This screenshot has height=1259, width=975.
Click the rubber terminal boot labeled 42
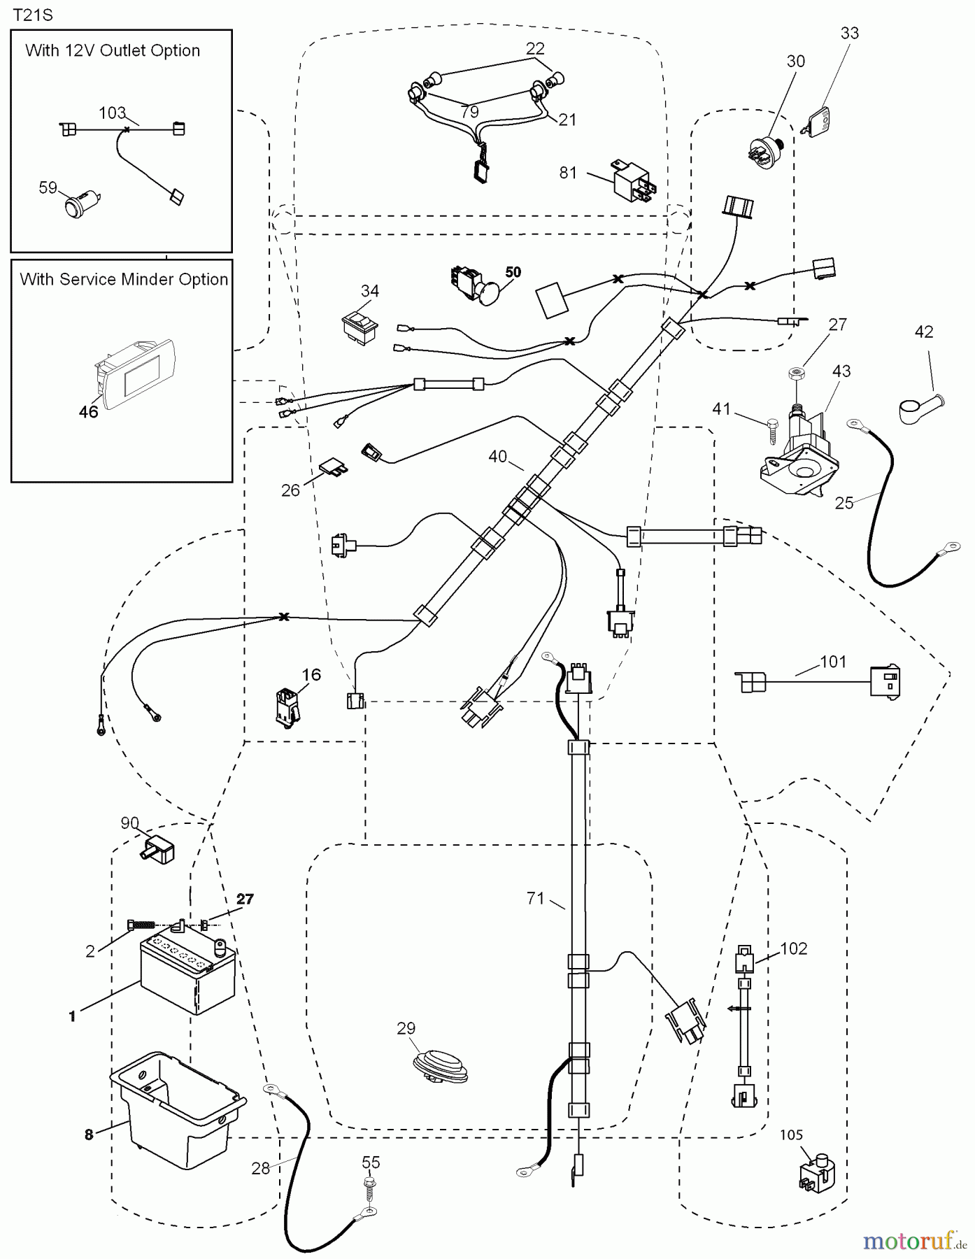click(x=920, y=408)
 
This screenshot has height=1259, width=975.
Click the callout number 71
click(x=536, y=898)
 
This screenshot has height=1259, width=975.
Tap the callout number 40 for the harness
click(x=497, y=457)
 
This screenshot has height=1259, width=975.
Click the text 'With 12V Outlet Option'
click(x=113, y=50)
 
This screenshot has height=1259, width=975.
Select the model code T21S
click(x=33, y=15)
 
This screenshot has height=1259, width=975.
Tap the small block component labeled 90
click(x=159, y=848)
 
